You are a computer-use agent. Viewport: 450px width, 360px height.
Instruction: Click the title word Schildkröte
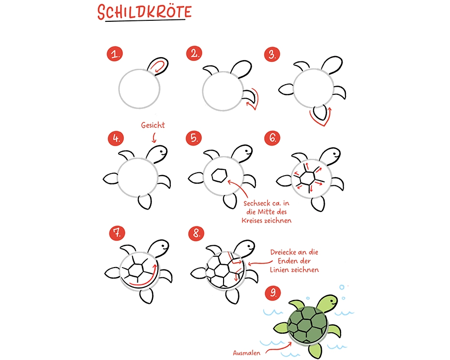[x=144, y=12]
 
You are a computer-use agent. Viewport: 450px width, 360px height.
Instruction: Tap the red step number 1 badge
[x=115, y=54]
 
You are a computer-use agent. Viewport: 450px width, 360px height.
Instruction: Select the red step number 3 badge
[x=272, y=54]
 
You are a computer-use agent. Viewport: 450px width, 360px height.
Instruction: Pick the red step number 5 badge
[x=194, y=138]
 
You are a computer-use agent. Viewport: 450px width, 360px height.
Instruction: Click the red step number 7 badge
[x=117, y=233]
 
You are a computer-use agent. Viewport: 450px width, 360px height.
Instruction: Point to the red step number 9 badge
[x=273, y=292]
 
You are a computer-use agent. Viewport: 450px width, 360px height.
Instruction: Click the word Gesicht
[x=153, y=125]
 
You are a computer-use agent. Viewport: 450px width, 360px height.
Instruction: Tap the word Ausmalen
[x=246, y=353]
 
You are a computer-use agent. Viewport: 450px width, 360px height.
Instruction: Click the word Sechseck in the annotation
[x=256, y=203]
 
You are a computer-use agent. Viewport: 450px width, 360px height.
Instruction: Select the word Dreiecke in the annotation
[x=283, y=252]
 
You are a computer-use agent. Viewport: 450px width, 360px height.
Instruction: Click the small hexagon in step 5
[x=219, y=175]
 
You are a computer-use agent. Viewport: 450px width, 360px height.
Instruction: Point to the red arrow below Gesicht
[x=154, y=137]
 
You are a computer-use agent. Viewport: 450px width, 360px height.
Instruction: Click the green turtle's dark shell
[x=307, y=324]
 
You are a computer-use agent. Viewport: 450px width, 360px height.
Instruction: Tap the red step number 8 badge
[x=196, y=233]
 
